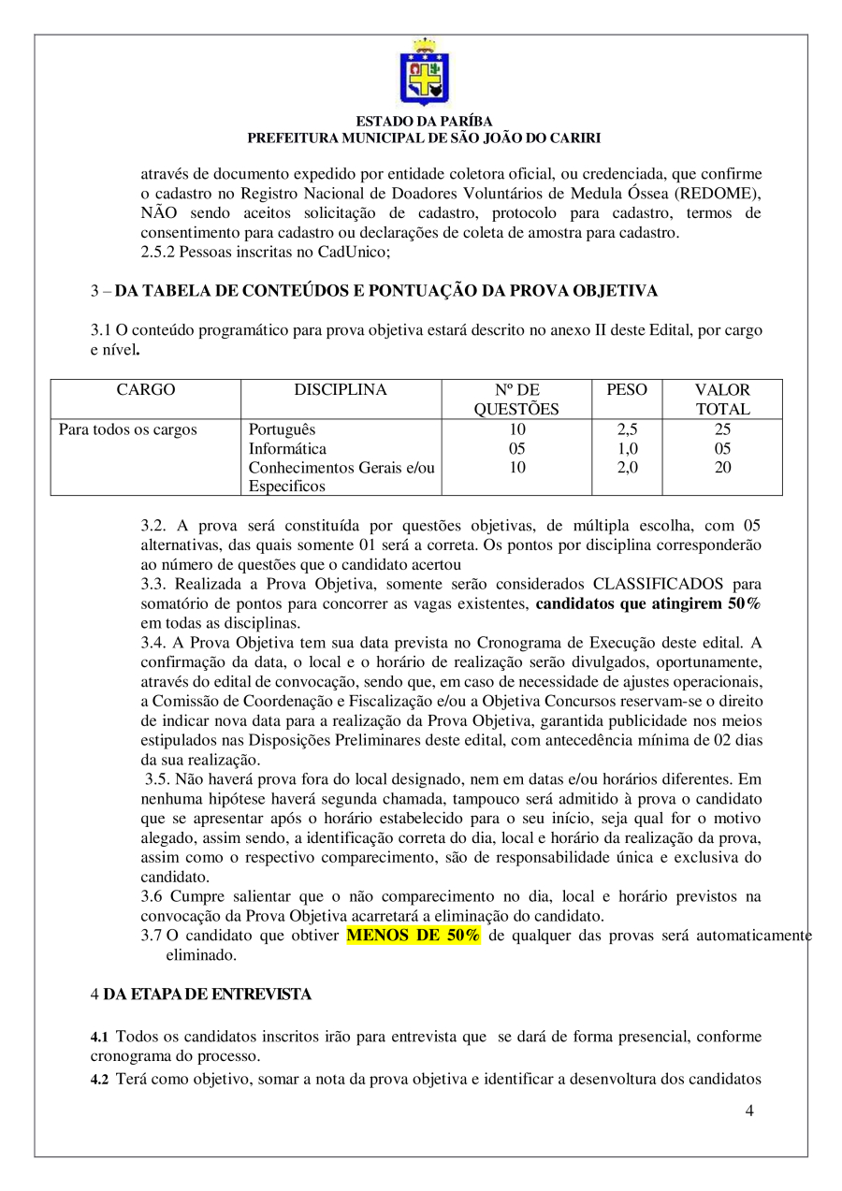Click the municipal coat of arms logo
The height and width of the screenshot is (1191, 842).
click(x=424, y=72)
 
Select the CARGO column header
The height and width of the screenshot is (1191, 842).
click(x=145, y=390)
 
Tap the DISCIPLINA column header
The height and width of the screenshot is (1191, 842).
click(x=341, y=390)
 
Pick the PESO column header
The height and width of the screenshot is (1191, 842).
click(x=627, y=390)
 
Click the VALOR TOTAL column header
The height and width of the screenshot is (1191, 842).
click(x=722, y=399)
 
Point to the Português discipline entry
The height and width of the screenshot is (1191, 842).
click(x=283, y=429)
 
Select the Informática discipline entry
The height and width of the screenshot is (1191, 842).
click(x=288, y=448)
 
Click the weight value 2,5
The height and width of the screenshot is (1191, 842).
click(x=627, y=429)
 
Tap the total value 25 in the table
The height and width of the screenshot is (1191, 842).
click(x=722, y=429)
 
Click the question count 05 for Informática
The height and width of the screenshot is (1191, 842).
click(x=516, y=448)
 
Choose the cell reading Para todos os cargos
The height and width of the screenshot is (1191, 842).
click(x=128, y=429)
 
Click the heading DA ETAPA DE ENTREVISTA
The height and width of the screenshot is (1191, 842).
click(x=208, y=995)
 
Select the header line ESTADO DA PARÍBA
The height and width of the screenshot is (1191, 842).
click(x=424, y=122)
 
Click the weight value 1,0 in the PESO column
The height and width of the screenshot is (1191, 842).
click(x=627, y=448)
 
